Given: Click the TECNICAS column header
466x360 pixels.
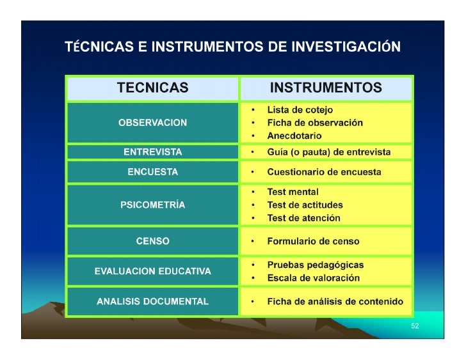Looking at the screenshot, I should tap(152, 88).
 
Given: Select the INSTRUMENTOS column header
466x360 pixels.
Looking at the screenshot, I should tap(326, 88).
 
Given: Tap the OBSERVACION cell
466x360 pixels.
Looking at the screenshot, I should tap(152, 123).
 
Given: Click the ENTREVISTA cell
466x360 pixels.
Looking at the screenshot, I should tap(152, 152).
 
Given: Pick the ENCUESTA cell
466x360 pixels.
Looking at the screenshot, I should tap(152, 172).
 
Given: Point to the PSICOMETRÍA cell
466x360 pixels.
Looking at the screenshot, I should tap(152, 205).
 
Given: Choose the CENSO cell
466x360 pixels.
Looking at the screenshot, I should tap(152, 241).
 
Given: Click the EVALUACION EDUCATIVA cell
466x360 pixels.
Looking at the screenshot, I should tap(152, 271).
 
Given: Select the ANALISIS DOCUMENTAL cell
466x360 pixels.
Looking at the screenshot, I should tap(152, 302).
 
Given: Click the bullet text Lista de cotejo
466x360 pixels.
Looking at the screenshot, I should tap(300, 110).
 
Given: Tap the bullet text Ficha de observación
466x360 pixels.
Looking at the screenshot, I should tap(314, 123).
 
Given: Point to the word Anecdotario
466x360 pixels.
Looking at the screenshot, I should tap(294, 136).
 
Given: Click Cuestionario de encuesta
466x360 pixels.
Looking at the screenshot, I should tap(324, 172).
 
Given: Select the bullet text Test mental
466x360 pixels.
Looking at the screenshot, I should tap(293, 192).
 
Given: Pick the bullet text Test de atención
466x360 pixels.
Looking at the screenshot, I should tap(303, 218).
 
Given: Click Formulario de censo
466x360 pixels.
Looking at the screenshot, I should tap(313, 242).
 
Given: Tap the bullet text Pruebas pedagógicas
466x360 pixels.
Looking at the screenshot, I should tap(315, 265).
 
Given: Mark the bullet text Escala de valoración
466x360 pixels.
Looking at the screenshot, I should tap(313, 278).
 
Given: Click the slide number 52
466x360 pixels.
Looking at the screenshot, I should tap(415, 326).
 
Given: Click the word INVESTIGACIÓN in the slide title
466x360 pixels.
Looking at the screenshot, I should tap(346, 47).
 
